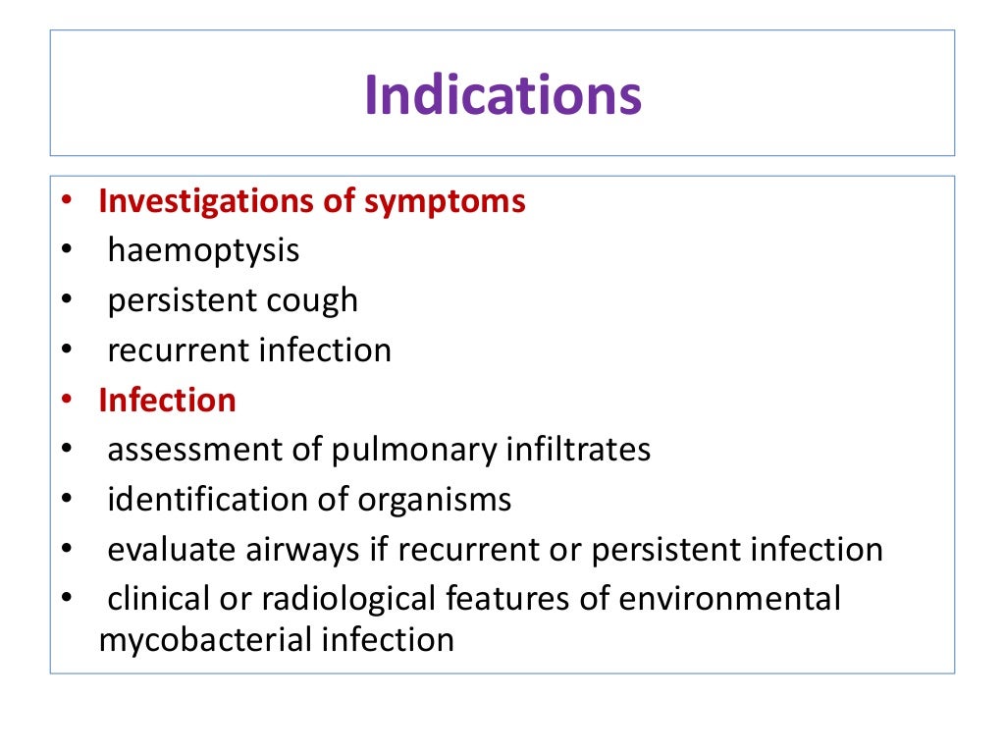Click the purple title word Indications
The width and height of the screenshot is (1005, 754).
point(502,96)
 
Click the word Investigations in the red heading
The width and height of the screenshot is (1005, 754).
point(208,201)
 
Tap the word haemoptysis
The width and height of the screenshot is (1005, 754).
point(203,251)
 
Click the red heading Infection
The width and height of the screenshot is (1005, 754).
point(167,401)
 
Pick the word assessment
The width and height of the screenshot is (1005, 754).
point(194,451)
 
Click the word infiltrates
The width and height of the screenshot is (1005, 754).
point(578,451)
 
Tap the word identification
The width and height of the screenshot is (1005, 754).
point(208,501)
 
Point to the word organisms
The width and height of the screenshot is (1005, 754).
point(436,501)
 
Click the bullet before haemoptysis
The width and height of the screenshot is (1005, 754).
point(65,251)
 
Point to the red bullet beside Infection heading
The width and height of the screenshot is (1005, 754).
point(65,401)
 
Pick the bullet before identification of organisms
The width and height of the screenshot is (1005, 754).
point(65,501)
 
